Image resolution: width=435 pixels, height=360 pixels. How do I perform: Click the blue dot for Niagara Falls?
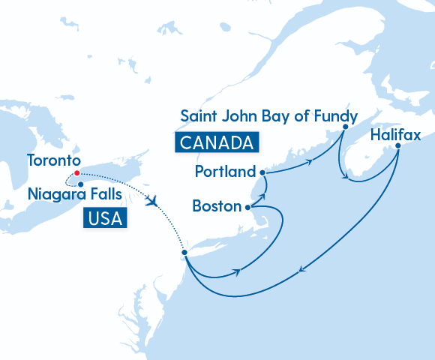pyautogui.click(x=80, y=184)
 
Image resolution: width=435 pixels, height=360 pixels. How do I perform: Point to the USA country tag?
pyautogui.click(x=104, y=217)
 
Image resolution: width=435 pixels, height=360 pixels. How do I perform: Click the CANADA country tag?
pyautogui.click(x=216, y=142)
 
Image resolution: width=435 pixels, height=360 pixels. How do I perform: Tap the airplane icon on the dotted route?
pyautogui.click(x=154, y=201)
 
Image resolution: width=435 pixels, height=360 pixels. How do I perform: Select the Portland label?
pyautogui.click(x=225, y=172)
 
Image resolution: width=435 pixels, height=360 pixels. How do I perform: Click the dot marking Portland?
pyautogui.click(x=262, y=172)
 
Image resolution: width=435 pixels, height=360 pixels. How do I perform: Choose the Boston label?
pyautogui.click(x=217, y=205)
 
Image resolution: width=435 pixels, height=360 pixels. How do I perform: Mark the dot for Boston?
pyautogui.click(x=247, y=206)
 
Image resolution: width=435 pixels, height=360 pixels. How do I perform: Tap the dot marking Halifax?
pyautogui.click(x=397, y=145)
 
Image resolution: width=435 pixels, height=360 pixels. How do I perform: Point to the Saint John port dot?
pyautogui.click(x=344, y=127)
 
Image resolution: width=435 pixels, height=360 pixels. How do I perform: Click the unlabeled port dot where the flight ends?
pyautogui.click(x=184, y=253)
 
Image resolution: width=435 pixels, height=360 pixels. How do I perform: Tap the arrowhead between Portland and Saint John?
pyautogui.click(x=309, y=160)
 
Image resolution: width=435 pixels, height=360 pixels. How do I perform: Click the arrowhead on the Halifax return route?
pyautogui.click(x=301, y=271)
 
